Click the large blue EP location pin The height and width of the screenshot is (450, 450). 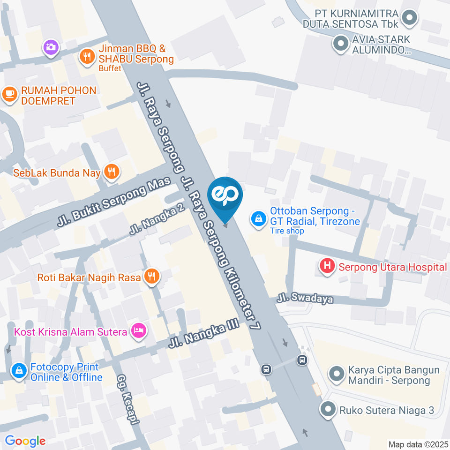pos(225,196)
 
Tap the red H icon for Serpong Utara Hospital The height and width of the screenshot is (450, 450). pos(327,266)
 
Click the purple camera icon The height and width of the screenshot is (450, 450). pos(51,46)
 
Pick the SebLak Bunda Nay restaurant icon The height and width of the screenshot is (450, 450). pos(111,172)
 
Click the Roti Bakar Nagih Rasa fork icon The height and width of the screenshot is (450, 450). pos(151,277)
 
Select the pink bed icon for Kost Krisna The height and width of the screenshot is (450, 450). pos(138,331)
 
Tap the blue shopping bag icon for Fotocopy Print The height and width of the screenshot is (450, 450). pos(19,371)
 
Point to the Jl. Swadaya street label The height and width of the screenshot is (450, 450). pos(305,299)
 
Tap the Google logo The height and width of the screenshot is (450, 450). pos(25,441)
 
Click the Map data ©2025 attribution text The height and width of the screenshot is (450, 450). pos(418,444)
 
